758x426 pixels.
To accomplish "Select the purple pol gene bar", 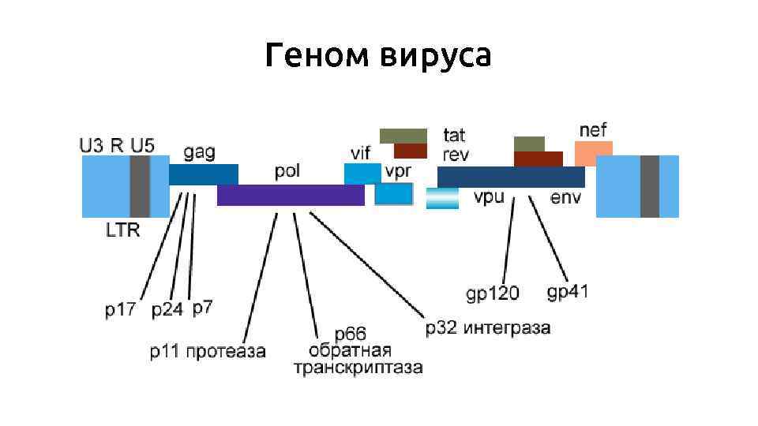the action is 291,195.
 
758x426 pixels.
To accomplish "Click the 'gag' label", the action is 199,152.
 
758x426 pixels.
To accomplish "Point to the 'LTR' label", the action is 122,230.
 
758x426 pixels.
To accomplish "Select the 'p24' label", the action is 167,310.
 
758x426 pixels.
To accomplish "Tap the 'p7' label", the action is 203,308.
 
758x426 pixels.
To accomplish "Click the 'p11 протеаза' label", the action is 208,350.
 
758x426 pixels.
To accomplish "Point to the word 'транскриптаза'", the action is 358,368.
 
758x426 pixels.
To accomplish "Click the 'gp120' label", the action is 493,294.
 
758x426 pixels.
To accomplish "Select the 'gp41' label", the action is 568,292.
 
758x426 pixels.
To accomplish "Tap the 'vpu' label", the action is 489,197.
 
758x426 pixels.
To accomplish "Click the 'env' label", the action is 565,197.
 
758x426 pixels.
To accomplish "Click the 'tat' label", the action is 454,135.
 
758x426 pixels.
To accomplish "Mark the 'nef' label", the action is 593,129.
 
